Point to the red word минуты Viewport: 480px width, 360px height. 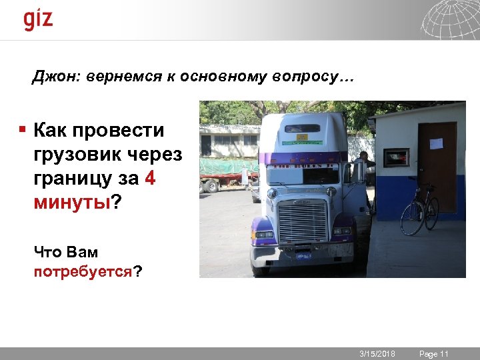[71, 202]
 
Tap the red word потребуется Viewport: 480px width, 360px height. [83, 272]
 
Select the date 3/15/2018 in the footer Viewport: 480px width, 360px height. [377, 353]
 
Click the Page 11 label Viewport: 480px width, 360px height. [434, 353]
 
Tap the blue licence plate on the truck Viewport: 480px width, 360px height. [303, 255]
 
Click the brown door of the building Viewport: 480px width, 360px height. [437, 167]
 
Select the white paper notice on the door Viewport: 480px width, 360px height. [437, 143]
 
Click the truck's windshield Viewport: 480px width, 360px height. [303, 175]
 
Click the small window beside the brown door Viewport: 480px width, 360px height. [397, 157]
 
